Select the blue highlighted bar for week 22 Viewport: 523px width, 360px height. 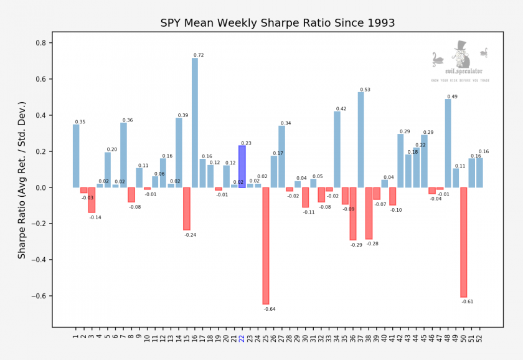(242, 166)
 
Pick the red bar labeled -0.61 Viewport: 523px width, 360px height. (464, 242)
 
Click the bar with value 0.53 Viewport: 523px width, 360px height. (361, 140)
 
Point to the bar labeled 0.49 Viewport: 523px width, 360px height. (448, 143)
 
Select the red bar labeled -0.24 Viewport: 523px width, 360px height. (187, 209)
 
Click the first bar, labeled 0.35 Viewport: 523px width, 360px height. (76, 156)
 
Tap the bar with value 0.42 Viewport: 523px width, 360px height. (337, 149)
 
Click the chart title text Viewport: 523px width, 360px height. (277, 23)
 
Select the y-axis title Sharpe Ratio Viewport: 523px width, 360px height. (22, 181)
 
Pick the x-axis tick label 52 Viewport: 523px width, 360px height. (479, 338)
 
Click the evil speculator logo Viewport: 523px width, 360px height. (460, 62)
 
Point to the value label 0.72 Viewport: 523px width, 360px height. (199, 55)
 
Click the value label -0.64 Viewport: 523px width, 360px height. (270, 309)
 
